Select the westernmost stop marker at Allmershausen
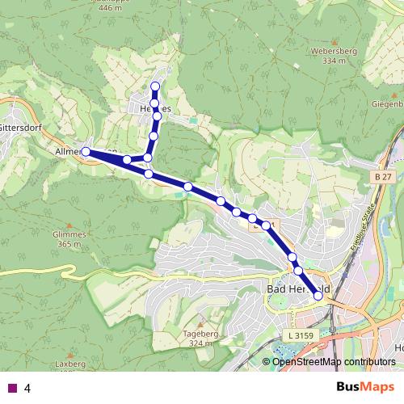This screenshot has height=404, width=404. click(x=86, y=151)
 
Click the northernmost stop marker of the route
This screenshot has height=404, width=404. click(x=155, y=86)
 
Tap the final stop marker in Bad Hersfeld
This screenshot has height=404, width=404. click(x=318, y=297)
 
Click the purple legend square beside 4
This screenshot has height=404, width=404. click(x=11, y=389)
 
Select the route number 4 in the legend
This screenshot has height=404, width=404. click(x=27, y=389)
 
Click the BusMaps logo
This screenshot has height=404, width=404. click(x=365, y=387)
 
